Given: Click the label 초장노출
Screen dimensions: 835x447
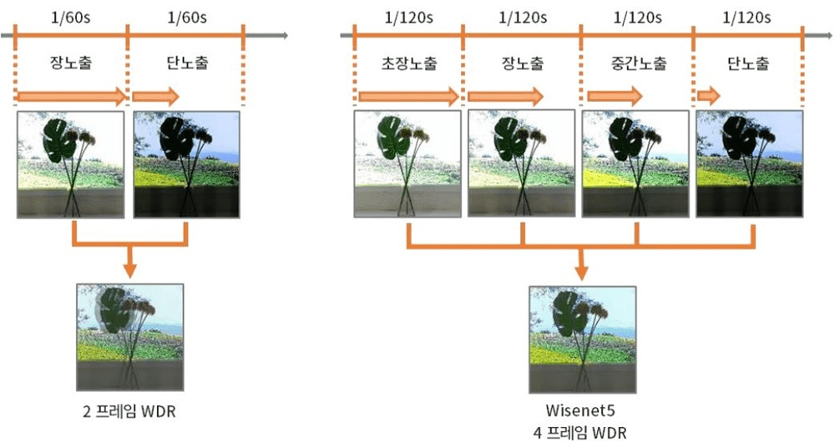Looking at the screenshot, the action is [x=409, y=63].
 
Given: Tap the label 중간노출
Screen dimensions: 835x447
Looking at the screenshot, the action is [x=638, y=63].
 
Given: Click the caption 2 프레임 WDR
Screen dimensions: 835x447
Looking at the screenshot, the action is [x=129, y=411].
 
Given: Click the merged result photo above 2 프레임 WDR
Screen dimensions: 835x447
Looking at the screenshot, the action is [x=130, y=338].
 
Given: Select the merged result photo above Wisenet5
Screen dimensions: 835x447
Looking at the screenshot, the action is [x=582, y=339].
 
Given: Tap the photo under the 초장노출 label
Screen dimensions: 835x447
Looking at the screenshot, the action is [x=407, y=164].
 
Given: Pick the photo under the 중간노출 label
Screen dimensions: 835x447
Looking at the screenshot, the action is [x=635, y=164].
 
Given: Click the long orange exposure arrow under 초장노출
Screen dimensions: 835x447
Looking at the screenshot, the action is [x=408, y=97].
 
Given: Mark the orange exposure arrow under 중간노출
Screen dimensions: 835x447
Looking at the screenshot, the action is [x=615, y=96].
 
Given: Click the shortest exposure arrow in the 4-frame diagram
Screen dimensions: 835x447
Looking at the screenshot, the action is [x=709, y=96].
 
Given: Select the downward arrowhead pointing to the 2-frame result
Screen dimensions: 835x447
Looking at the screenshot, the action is [x=129, y=270].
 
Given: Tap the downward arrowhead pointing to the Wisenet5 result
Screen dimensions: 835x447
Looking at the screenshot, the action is [x=581, y=273].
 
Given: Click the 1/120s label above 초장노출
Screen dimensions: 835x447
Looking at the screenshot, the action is [x=408, y=18].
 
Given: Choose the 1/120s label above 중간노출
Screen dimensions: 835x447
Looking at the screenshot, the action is [x=637, y=18].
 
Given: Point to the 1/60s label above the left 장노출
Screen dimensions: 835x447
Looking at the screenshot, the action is [x=71, y=18].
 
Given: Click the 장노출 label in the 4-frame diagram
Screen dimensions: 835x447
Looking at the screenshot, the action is [x=523, y=63].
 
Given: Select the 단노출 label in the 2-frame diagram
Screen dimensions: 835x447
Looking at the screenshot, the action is [x=187, y=63].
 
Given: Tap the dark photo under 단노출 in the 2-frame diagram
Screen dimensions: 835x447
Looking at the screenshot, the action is [x=186, y=164].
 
